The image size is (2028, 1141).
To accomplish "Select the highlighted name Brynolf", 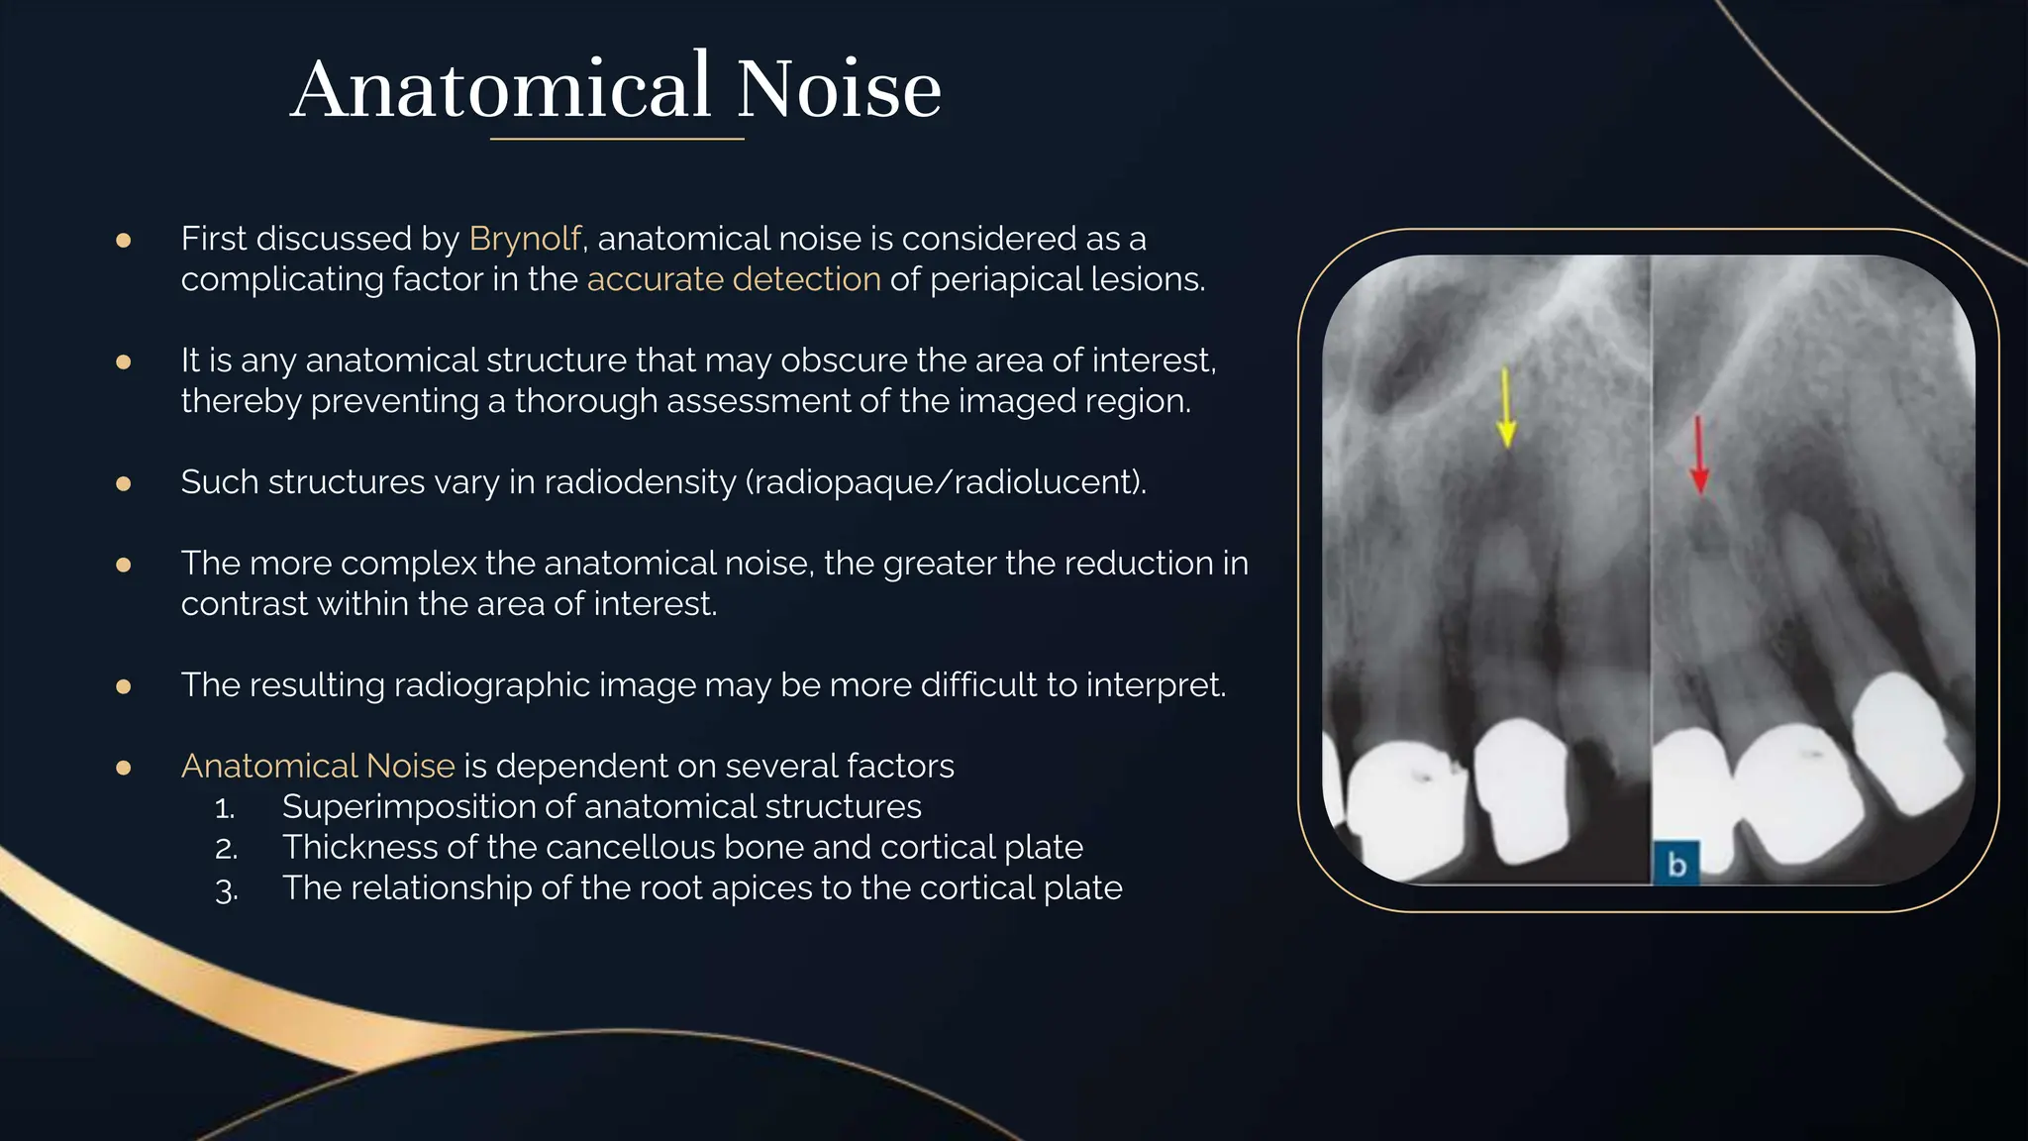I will (x=525, y=239).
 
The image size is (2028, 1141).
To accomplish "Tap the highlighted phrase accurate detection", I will (x=734, y=279).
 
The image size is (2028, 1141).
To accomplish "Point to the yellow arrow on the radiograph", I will (x=1506, y=408).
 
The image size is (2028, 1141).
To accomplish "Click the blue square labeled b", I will (x=1676, y=864).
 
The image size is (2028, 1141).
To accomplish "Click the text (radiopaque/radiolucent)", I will (x=946, y=482).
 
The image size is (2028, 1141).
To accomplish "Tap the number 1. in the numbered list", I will (x=225, y=808).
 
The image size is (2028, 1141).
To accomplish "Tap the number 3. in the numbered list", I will (x=226, y=889).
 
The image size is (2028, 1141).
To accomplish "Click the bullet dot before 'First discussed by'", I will (x=124, y=240).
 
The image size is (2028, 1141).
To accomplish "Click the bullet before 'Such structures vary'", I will (x=124, y=483).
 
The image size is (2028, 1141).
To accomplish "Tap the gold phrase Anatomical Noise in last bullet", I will (x=318, y=766).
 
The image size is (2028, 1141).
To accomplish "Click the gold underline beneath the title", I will (x=617, y=140).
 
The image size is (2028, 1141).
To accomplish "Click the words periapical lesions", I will (x=1066, y=279).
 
